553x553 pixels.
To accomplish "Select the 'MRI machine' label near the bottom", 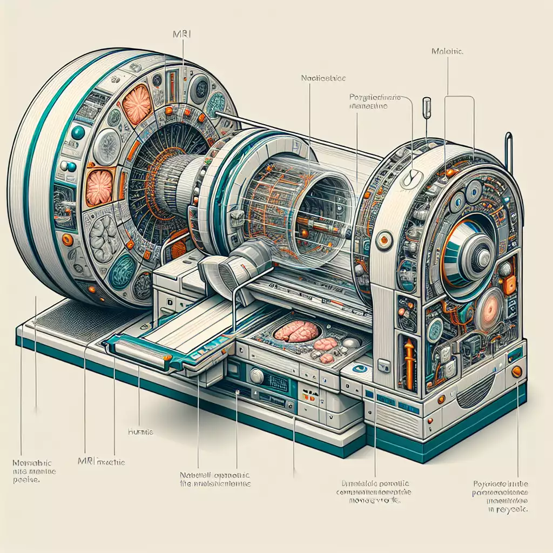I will (105, 463).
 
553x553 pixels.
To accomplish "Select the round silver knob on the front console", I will (257, 376).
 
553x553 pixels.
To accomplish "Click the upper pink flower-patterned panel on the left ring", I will (137, 104).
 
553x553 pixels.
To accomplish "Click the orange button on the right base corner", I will (516, 371).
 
